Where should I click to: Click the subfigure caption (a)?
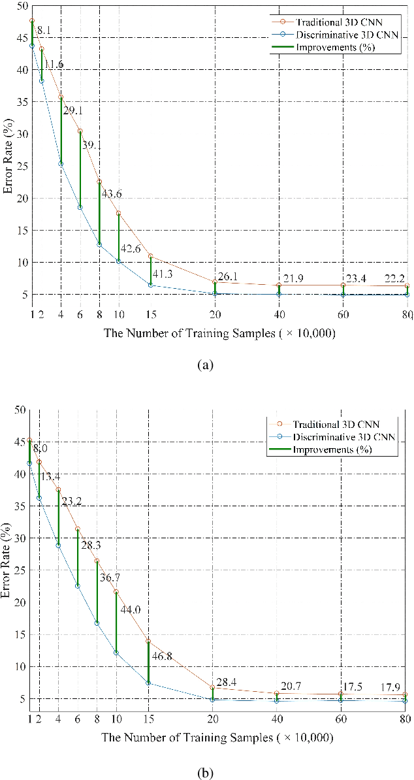click(x=206, y=365)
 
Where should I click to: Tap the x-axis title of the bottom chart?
click(x=217, y=738)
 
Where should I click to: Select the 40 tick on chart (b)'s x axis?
click(x=278, y=719)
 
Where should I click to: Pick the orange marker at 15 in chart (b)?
click(x=148, y=641)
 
